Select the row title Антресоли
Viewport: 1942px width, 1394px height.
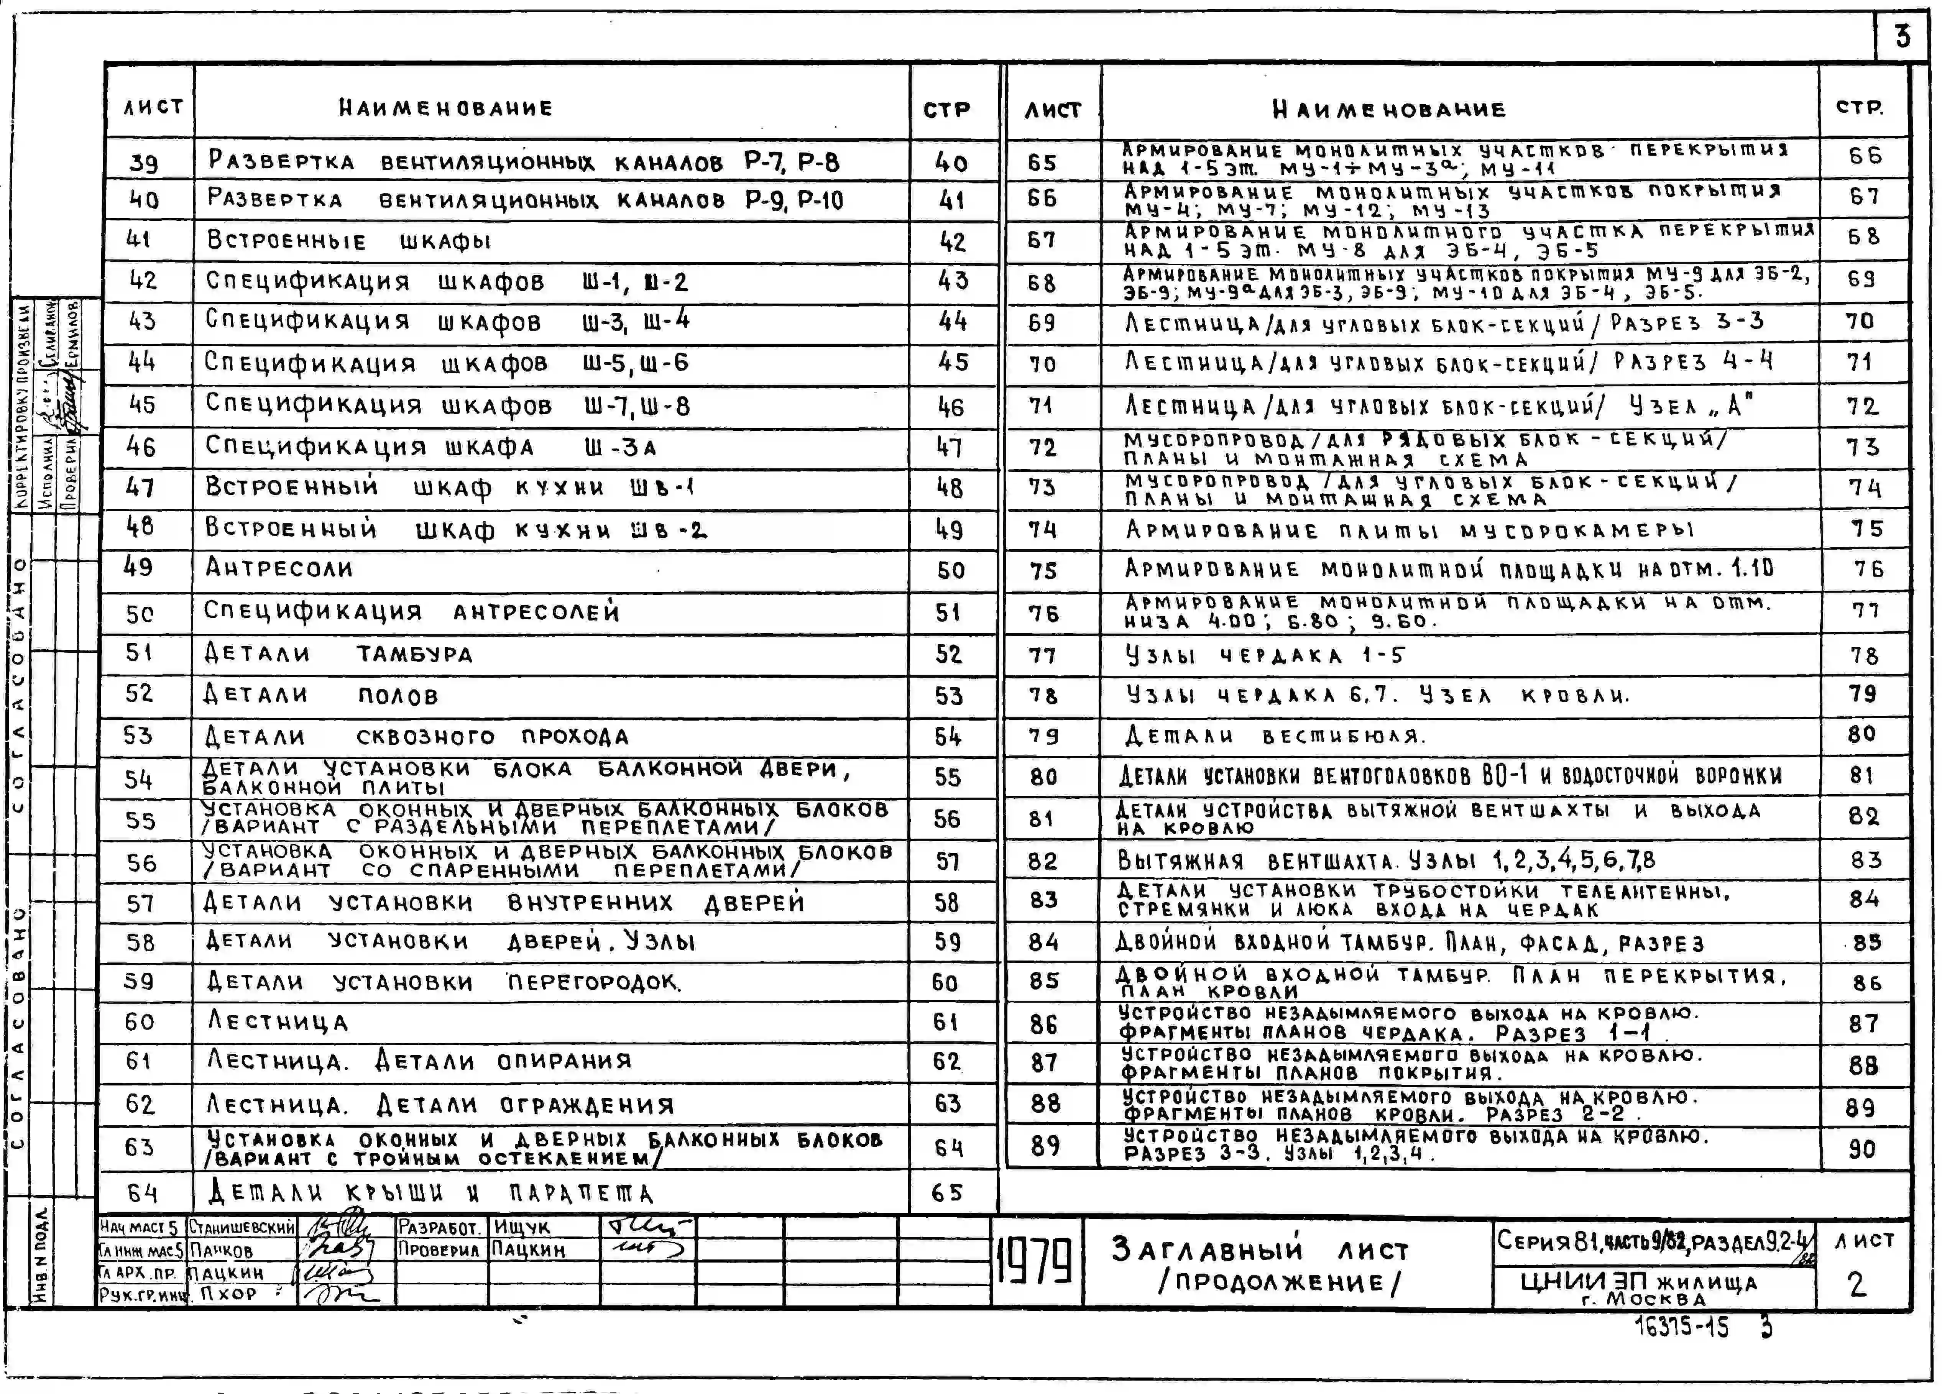(279, 568)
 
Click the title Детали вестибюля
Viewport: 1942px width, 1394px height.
(1274, 736)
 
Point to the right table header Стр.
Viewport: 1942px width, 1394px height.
(1860, 108)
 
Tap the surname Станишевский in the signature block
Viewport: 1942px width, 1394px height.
(242, 1228)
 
